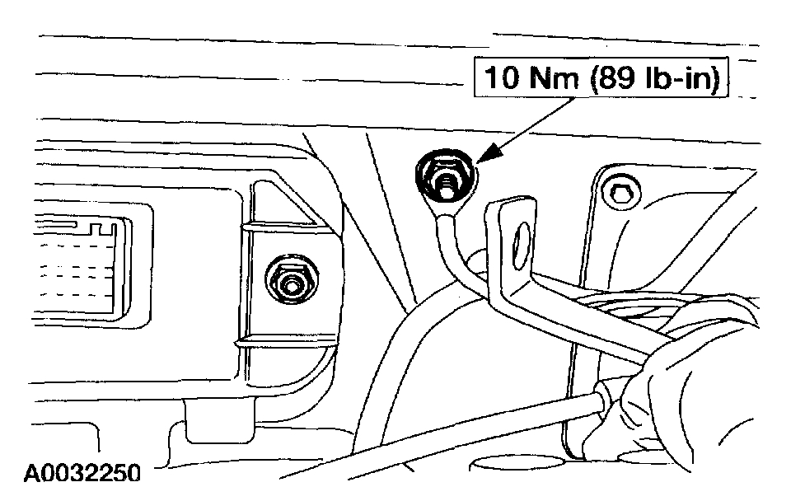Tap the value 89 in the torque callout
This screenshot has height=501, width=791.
(x=623, y=80)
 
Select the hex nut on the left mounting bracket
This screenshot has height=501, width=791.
(x=291, y=283)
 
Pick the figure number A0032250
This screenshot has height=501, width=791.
(x=82, y=473)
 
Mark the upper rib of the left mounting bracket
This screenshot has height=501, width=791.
(x=280, y=225)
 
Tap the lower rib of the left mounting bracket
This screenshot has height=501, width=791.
(x=280, y=340)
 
